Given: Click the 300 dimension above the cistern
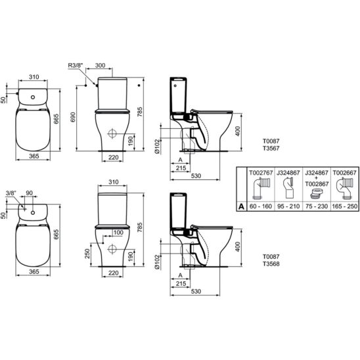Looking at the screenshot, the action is tap(101, 65).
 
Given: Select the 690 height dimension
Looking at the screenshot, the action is tap(73, 117).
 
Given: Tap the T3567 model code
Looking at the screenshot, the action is tap(271, 148).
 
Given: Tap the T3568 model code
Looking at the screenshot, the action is tap(271, 264).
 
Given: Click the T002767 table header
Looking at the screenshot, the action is tap(261, 173).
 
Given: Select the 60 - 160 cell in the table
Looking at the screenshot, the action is tap(261, 206).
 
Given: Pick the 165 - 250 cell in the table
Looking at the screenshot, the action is tap(344, 206).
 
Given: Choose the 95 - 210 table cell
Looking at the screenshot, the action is tap(288, 206).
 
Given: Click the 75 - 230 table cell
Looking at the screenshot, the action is tap(317, 206).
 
